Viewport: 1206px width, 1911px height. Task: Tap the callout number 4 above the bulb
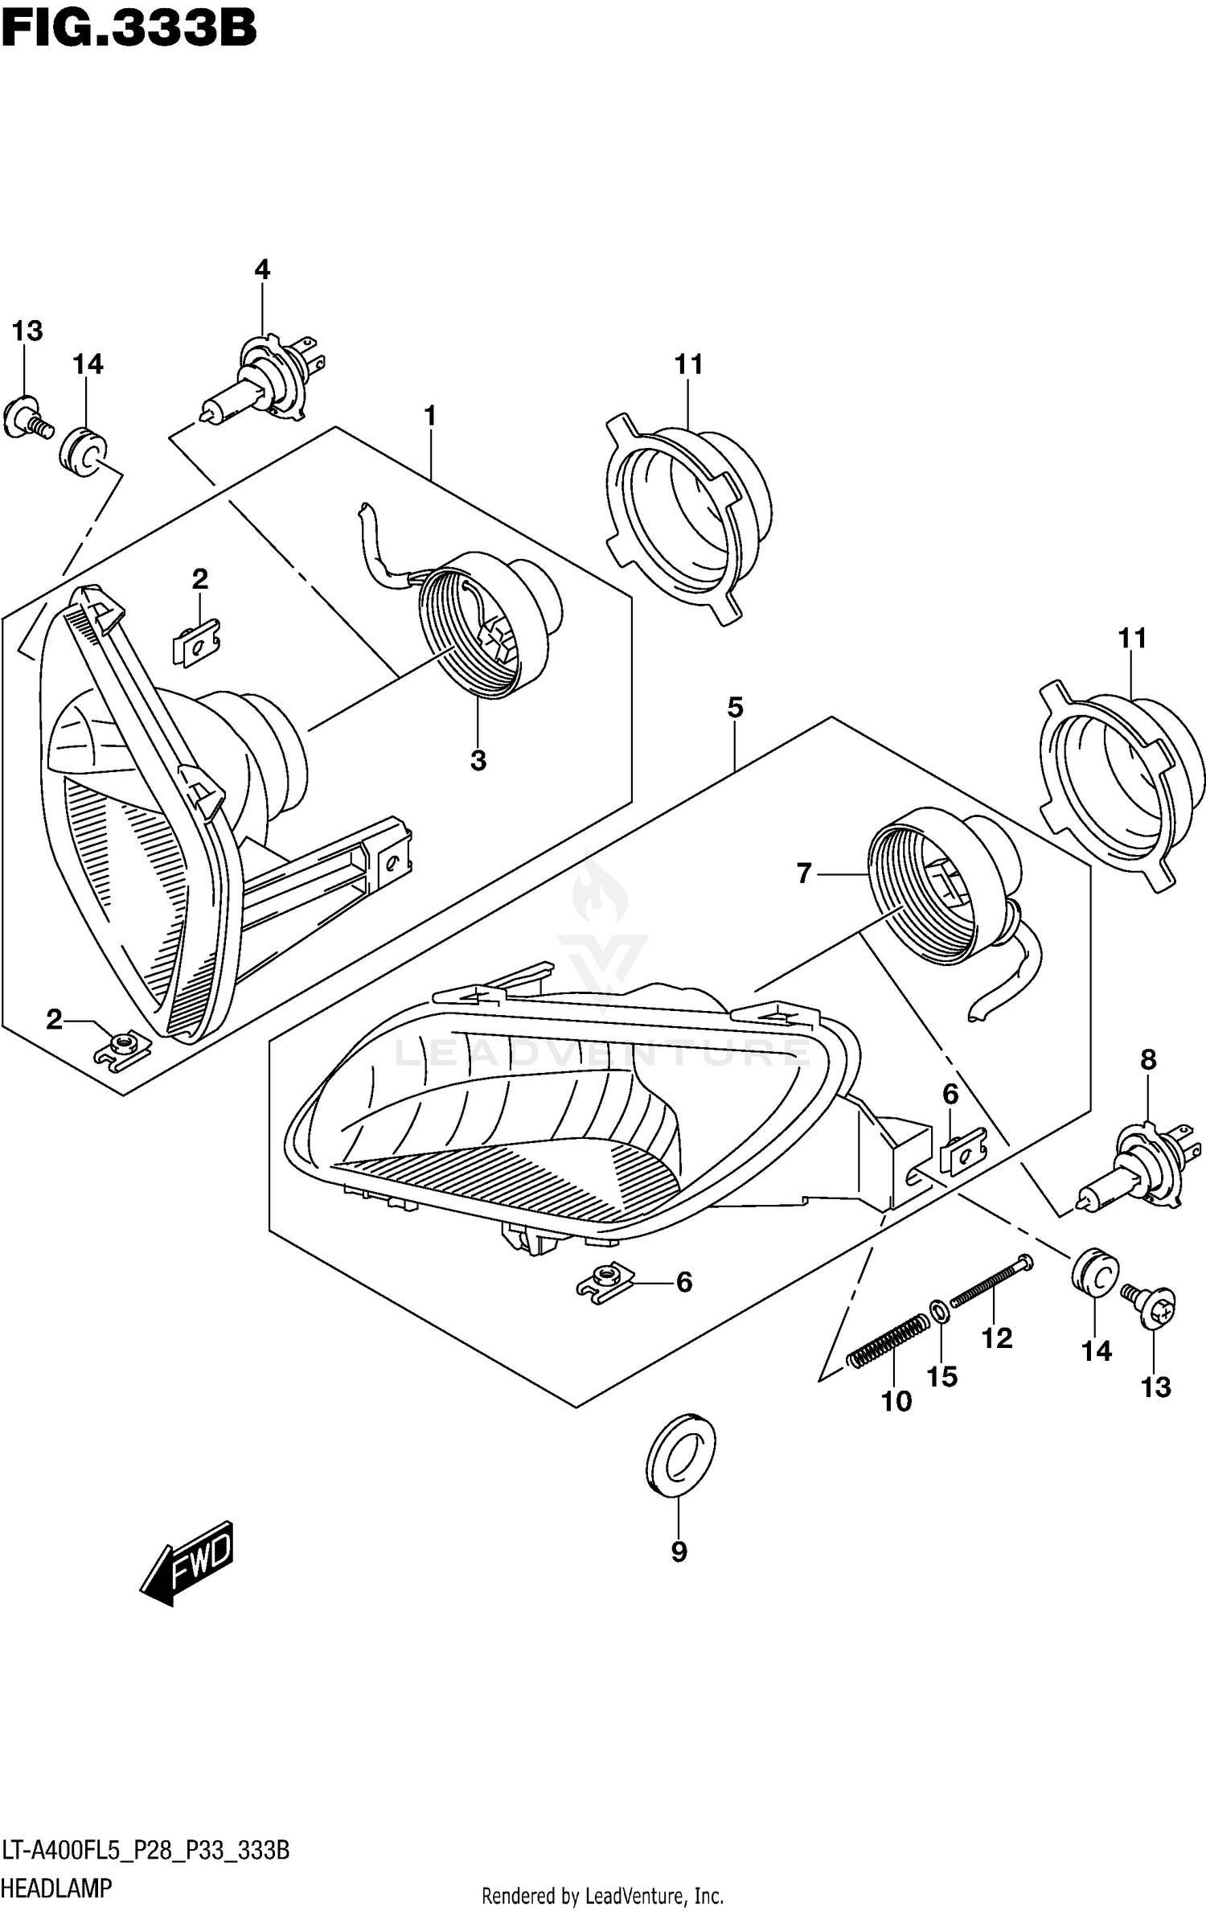click(x=262, y=269)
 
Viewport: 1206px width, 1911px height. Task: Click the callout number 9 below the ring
click(x=679, y=1551)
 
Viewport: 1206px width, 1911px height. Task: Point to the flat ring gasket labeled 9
click(x=680, y=1453)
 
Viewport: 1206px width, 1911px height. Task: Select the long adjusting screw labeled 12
click(x=992, y=1283)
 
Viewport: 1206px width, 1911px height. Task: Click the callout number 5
click(x=735, y=708)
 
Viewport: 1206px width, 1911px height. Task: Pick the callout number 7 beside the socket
click(x=804, y=873)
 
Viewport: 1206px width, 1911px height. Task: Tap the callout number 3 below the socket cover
click(x=478, y=760)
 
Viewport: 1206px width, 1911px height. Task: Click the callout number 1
click(x=430, y=416)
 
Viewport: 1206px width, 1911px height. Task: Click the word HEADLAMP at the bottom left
click(x=56, y=1888)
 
